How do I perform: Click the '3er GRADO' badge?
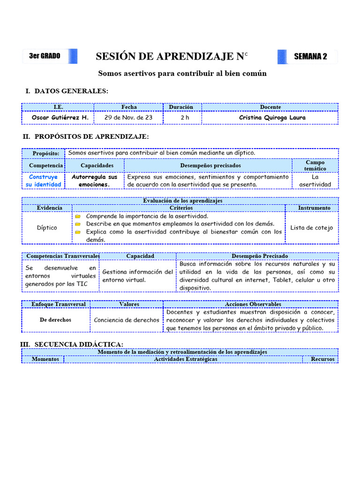coord(45,56)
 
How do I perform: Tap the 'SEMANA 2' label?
coord(310,57)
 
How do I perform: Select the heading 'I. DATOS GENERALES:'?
coord(67,91)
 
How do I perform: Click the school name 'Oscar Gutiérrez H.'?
coord(60,117)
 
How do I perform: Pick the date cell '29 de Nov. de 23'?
coord(128,117)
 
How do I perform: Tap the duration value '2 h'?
coord(185,117)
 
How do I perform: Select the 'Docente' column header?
coord(270,107)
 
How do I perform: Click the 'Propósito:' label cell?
coord(46,153)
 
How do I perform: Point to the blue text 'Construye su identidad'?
coord(44,180)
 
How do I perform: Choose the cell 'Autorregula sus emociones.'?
coord(94,180)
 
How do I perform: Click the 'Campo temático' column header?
coord(315,165)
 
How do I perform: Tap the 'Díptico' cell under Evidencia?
coord(47,228)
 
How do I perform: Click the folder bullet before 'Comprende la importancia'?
coord(78,217)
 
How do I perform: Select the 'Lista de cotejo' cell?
coord(311,228)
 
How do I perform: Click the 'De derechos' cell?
coord(56,320)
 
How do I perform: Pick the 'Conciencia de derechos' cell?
coord(127,320)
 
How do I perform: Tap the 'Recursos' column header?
coord(322,359)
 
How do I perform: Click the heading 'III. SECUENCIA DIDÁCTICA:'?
coord(72,344)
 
